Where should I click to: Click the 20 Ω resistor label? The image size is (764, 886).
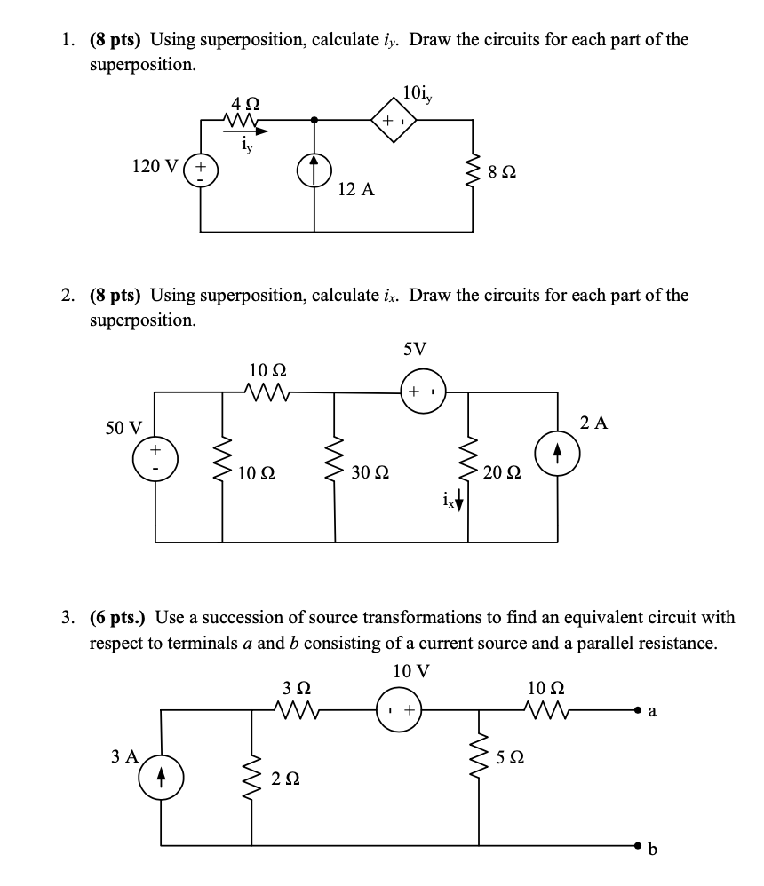tap(502, 472)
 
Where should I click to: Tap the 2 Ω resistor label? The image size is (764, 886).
tap(286, 779)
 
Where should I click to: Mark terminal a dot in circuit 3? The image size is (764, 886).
tap(638, 710)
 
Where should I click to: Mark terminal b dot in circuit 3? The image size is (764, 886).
tap(638, 843)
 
